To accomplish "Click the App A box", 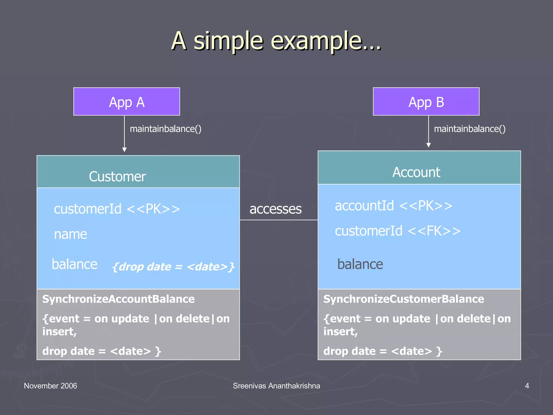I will [127, 102].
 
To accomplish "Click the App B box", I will [426, 102].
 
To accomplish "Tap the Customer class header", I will [117, 176].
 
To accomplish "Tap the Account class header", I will [416, 172].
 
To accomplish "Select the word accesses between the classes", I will [275, 209].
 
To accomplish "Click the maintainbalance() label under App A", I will [166, 129].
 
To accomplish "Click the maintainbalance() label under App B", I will [470, 129].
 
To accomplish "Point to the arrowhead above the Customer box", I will [124, 150].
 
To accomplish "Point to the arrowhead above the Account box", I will [429, 145].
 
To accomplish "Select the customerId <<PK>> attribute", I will [117, 209].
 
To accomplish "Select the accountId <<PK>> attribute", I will [393, 206].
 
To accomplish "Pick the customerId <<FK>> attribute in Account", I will [397, 231].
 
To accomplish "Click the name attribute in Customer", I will [70, 234].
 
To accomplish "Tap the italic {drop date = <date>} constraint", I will [173, 267].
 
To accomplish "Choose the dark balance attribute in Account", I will [360, 264].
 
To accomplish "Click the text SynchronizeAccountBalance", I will [118, 299].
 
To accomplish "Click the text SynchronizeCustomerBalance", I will [404, 299].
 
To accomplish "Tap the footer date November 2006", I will [50, 386].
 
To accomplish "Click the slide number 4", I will [527, 386].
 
